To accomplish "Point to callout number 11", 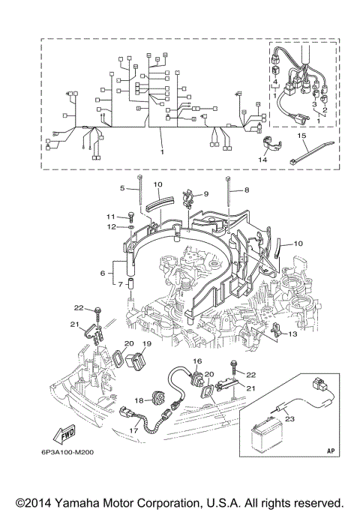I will (109, 216).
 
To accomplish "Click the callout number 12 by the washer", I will (109, 226).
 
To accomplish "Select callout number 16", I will (198, 361).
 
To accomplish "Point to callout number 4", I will (275, 80).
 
